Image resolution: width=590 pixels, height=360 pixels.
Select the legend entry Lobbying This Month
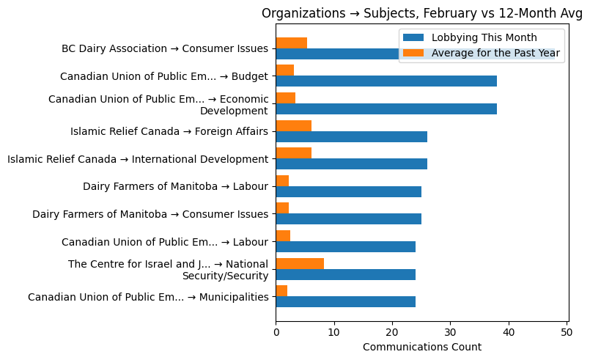point(484,37)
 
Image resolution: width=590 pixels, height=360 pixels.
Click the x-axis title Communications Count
point(421,347)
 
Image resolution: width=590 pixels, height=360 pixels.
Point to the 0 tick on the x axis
point(276,332)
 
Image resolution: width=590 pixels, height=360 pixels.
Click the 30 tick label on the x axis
point(451,332)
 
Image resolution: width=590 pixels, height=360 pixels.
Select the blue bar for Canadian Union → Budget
point(386,81)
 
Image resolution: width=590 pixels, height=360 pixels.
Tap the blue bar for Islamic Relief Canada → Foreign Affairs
point(352,136)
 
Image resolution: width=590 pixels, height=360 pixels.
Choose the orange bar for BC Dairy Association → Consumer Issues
point(292,43)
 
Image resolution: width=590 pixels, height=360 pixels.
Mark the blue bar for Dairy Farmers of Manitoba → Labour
point(349,191)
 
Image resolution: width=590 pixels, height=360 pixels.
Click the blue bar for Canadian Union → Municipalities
point(346,301)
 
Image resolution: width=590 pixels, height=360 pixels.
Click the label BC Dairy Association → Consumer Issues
point(165,48)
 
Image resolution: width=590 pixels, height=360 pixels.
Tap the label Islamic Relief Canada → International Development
point(138,159)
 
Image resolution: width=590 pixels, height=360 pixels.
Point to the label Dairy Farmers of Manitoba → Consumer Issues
point(150,214)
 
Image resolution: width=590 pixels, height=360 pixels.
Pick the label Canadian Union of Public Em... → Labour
point(165,241)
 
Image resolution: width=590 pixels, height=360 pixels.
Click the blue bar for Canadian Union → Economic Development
point(386,109)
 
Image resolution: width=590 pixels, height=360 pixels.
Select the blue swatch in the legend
point(413,37)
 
